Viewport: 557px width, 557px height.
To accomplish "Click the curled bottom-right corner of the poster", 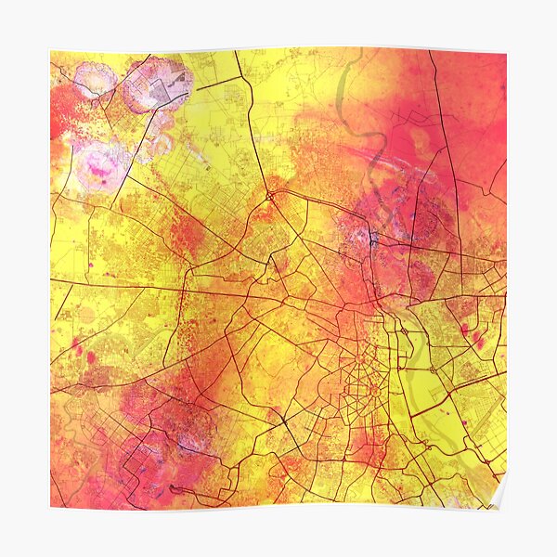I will point(499,499).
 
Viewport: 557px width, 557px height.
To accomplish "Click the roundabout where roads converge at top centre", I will point(268,195).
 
